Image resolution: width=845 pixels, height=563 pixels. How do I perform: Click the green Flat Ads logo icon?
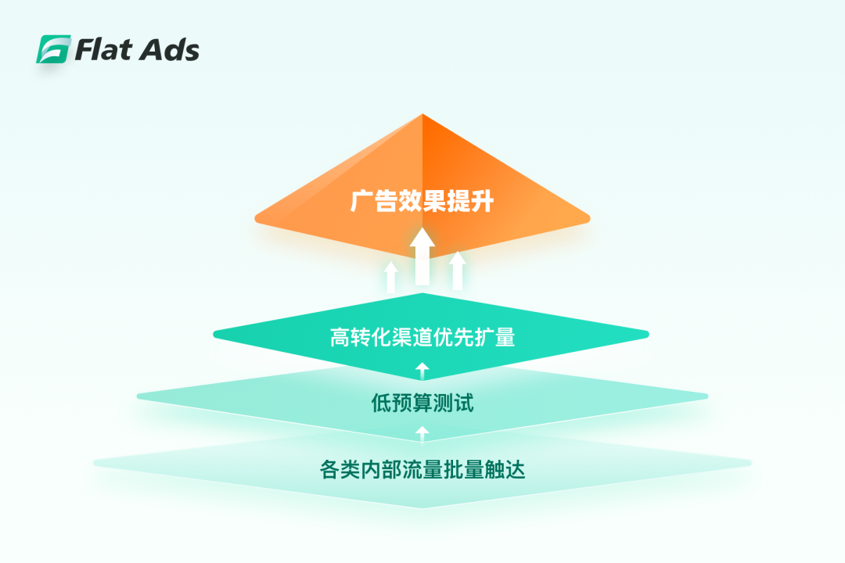53,49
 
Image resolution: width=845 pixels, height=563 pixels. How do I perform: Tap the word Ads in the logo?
169,50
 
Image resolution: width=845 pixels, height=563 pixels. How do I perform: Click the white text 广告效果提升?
422,201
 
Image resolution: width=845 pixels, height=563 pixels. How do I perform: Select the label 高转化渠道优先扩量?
422,337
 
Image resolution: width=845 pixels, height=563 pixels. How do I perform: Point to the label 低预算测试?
422,403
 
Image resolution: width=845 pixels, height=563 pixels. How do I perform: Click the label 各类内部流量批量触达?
422,469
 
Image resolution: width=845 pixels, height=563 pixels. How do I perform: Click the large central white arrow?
422,256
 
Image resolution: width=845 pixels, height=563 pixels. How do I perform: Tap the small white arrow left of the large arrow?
391,277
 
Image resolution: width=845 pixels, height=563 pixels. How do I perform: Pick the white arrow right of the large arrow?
458,271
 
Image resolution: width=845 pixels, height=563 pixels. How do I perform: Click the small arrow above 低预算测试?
422,371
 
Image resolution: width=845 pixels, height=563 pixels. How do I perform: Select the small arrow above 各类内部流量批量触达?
422,434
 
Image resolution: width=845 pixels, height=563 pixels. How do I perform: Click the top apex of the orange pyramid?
422,114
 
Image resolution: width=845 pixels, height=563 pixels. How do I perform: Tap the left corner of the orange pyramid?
255,218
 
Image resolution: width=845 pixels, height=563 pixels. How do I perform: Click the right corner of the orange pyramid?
590,218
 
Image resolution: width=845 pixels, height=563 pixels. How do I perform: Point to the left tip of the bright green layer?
214,335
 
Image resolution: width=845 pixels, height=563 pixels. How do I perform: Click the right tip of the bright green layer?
649,335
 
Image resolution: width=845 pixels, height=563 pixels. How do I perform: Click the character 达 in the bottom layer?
515,469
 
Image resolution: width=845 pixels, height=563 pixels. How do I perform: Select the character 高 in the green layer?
340,337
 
